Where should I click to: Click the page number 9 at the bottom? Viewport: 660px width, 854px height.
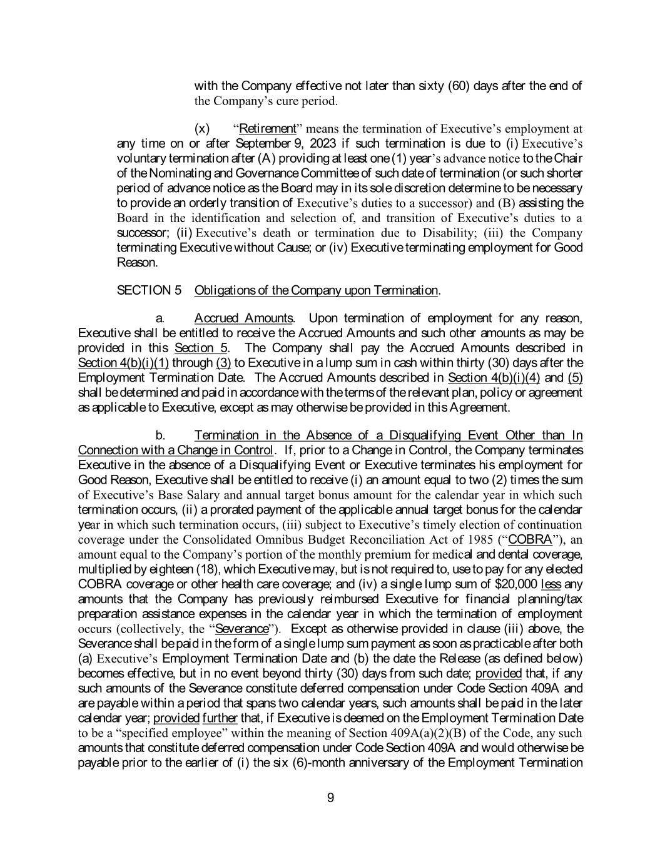coord(330,797)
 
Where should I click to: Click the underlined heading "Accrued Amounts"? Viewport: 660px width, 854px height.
coord(244,318)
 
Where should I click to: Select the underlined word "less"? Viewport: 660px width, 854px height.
coord(551,584)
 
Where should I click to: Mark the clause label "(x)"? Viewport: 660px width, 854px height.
coord(202,129)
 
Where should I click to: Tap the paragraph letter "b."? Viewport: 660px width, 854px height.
coord(160,435)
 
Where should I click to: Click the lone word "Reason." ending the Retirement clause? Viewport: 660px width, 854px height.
coord(137,262)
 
